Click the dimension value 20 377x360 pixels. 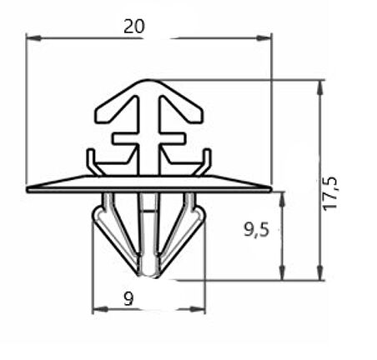point(134,27)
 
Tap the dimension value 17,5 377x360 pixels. point(330,193)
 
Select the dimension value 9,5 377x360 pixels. point(257,230)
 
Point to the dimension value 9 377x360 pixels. point(128,298)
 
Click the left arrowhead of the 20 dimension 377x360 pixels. point(33,38)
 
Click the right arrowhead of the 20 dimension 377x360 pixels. point(264,38)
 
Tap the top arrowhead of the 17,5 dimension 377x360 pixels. point(320,87)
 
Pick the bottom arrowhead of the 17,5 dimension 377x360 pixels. point(320,272)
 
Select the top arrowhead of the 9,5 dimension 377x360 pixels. point(282,199)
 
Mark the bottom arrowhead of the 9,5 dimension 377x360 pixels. point(282,272)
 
